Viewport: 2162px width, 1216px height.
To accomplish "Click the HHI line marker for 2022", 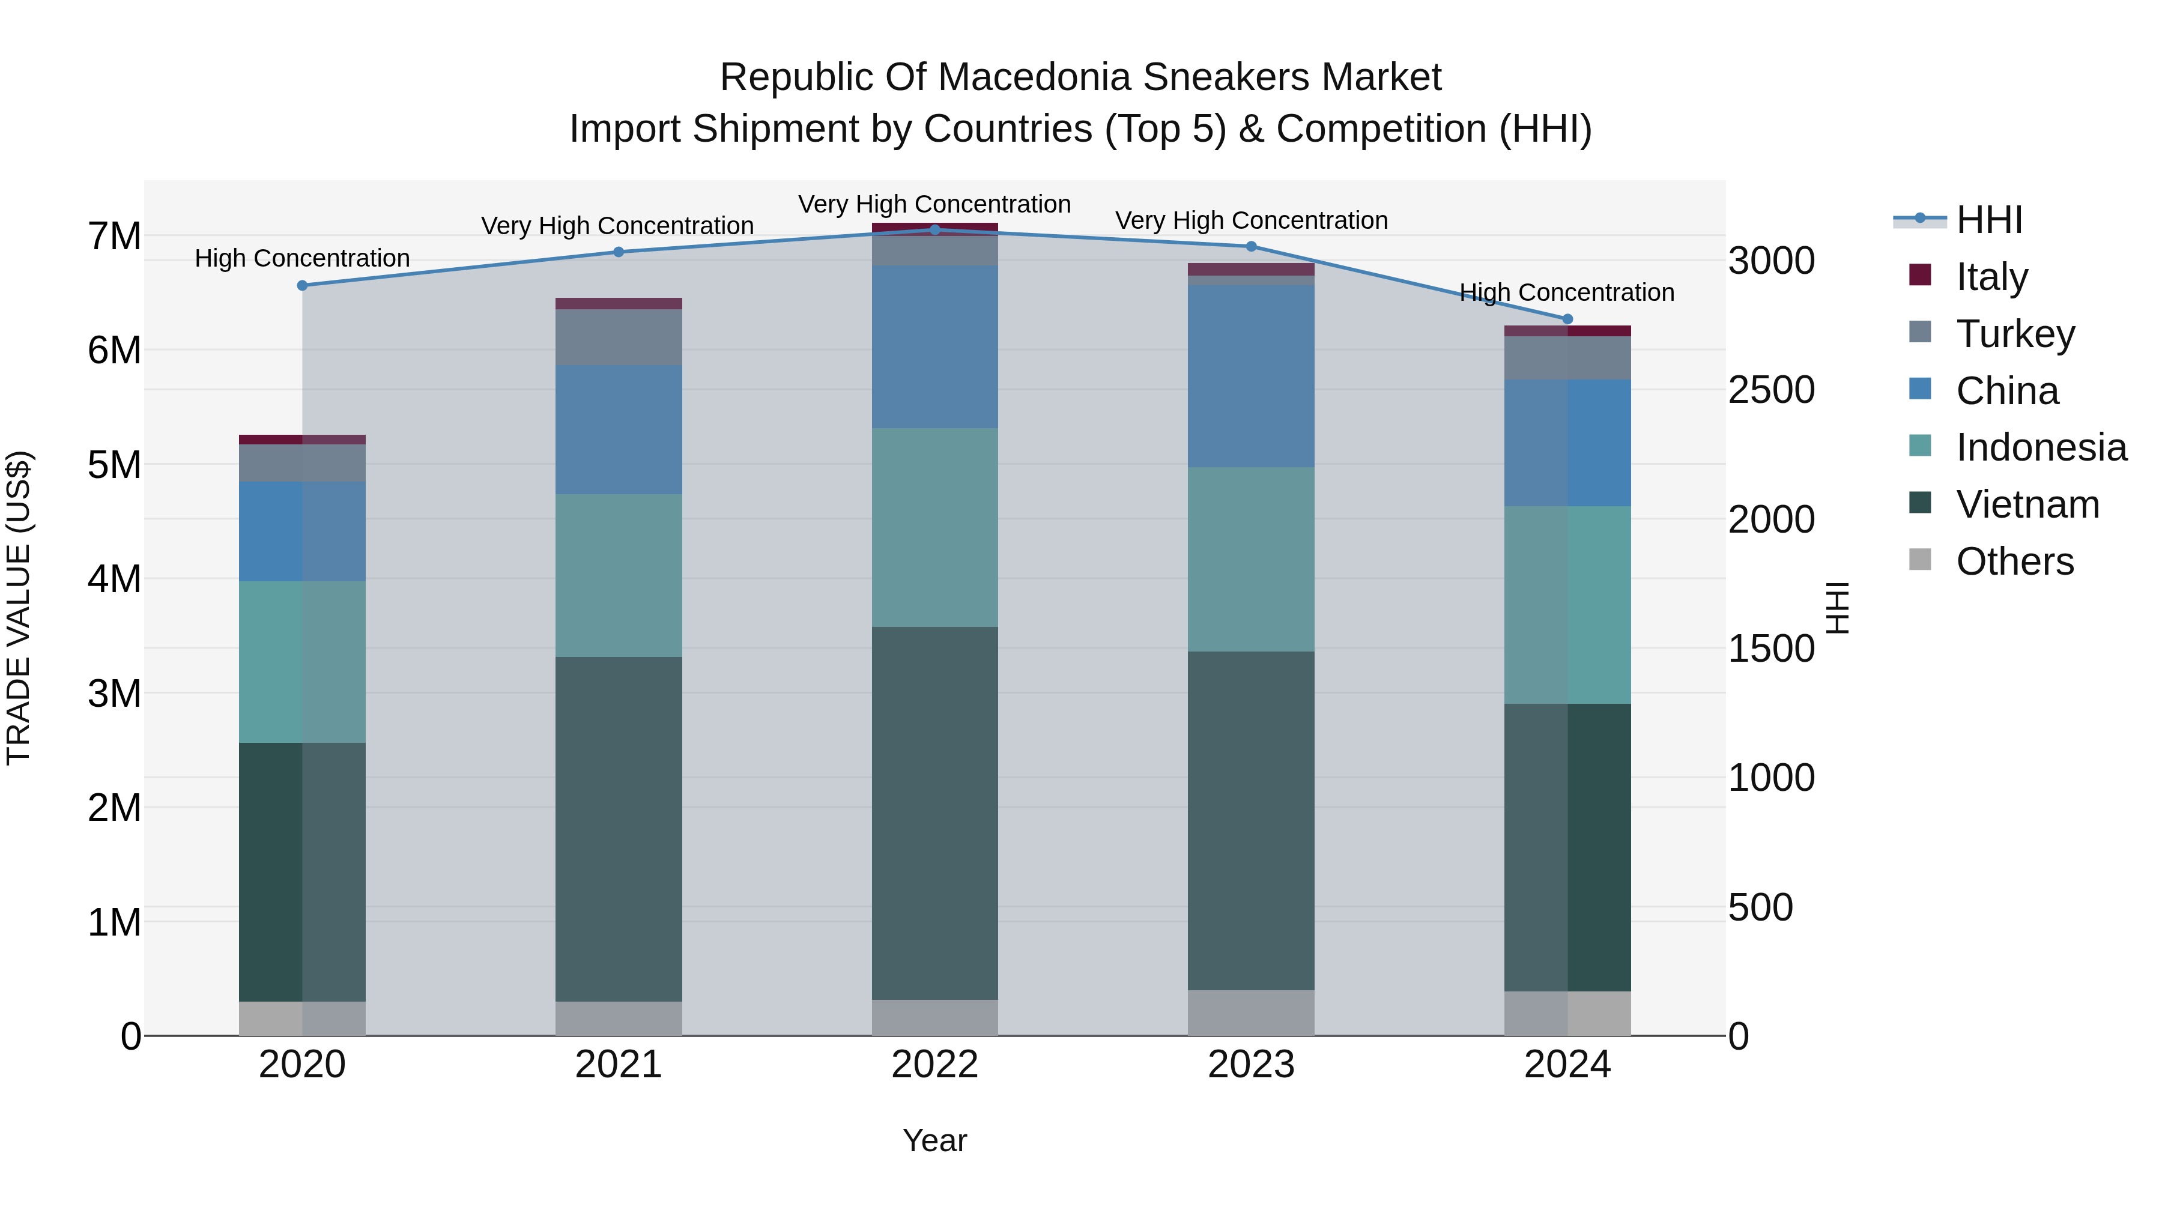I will pos(935,229).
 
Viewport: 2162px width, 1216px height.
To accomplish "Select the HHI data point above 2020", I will pos(302,285).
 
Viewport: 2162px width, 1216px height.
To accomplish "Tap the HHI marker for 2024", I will pos(1567,319).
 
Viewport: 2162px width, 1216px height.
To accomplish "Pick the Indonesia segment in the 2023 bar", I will pos(1250,559).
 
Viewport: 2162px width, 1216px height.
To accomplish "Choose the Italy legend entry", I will pos(1991,276).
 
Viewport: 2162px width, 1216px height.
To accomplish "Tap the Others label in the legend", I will pos(2014,561).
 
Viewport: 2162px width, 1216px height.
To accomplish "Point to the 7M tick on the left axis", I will pos(114,236).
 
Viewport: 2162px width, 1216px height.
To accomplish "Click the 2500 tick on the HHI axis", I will pos(1771,390).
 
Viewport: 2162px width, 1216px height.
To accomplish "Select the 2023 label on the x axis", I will pos(1250,1064).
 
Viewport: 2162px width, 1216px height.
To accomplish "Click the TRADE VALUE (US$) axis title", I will pos(19,608).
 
